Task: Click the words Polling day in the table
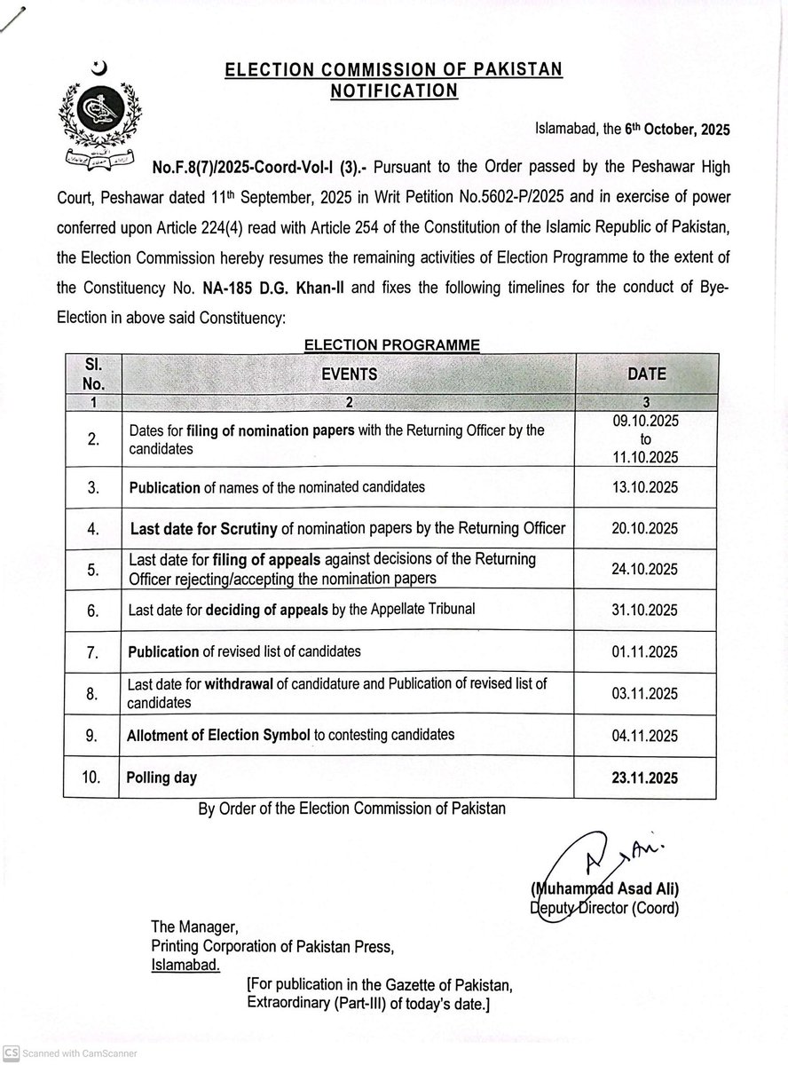point(162,777)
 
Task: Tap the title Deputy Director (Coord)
point(603,908)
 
